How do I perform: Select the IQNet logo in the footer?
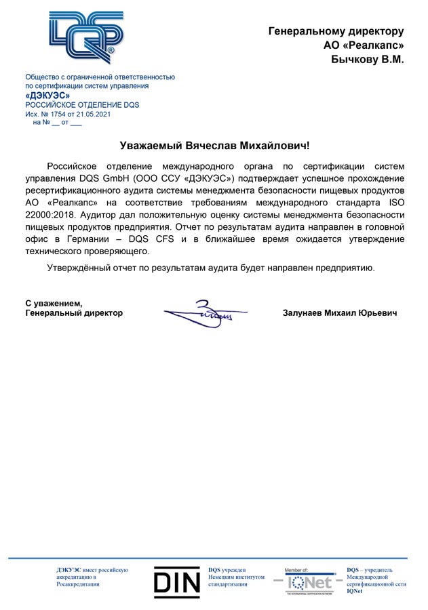[305, 581]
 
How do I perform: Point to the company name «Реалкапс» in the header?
[372, 45]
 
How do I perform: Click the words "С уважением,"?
[54, 303]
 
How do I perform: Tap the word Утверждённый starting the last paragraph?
[79, 268]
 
